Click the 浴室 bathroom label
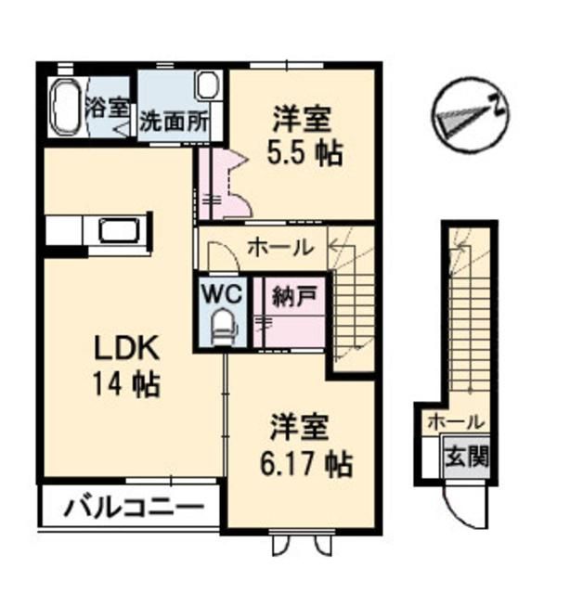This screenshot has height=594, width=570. (108, 105)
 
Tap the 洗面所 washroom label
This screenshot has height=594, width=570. (173, 121)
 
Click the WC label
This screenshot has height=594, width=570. (222, 294)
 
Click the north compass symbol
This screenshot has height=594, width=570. (471, 114)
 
